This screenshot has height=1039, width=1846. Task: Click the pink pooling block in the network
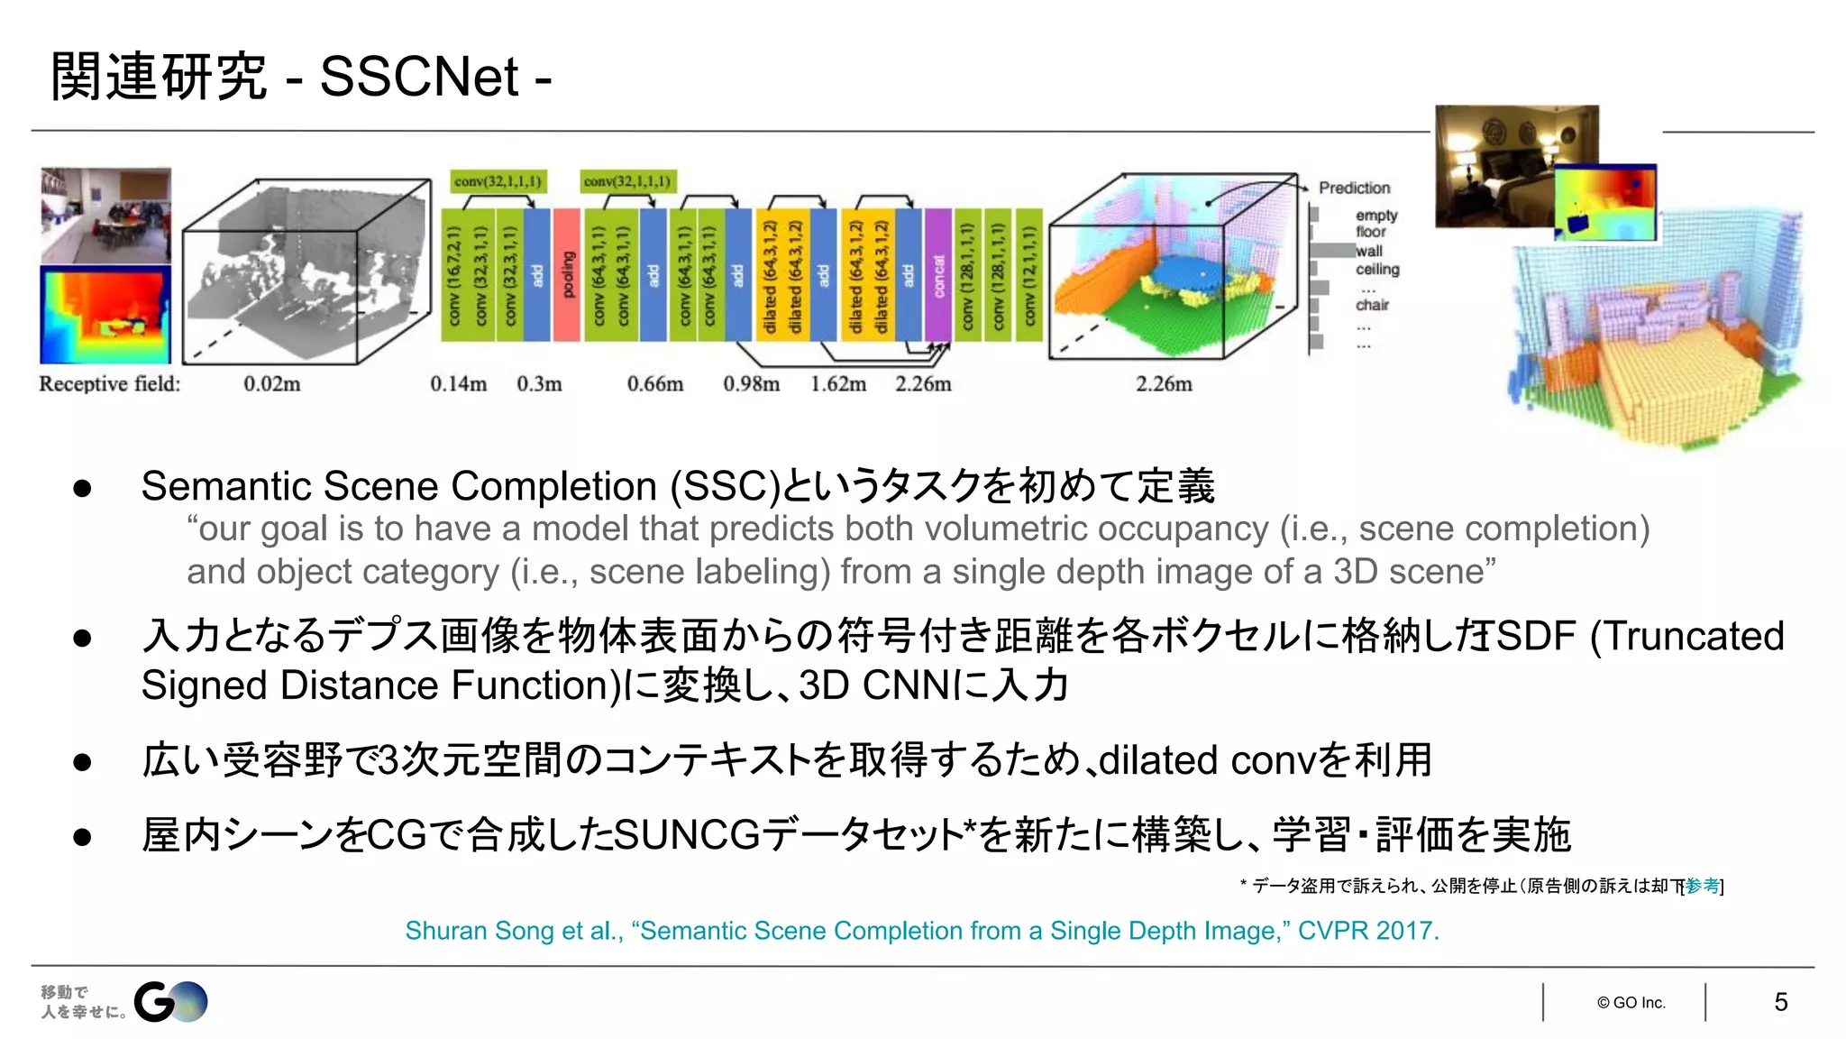click(566, 274)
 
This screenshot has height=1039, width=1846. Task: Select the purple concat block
click(937, 274)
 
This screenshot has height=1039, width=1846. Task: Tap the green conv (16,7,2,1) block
click(453, 274)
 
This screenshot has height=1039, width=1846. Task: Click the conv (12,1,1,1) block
click(1028, 274)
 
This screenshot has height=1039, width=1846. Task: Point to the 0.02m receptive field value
click(271, 384)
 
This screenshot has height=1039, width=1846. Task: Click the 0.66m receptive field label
click(654, 384)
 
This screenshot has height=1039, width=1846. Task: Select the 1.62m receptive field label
click(837, 384)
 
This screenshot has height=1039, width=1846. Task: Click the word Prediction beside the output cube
click(1354, 188)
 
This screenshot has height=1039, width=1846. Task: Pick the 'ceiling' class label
click(1377, 269)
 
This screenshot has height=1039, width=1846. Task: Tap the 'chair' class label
click(1372, 305)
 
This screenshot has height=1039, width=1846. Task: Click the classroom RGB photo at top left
click(105, 215)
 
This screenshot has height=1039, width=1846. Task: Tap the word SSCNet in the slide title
click(419, 77)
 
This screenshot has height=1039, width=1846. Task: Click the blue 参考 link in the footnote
click(1702, 886)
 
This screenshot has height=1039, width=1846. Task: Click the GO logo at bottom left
click(170, 1001)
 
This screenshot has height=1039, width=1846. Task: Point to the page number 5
click(1780, 1002)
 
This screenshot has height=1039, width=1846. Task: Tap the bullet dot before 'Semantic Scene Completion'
click(83, 489)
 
